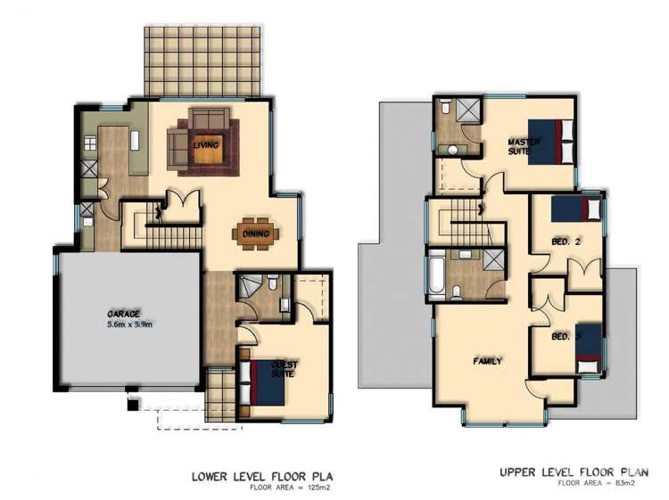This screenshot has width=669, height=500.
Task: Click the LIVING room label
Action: click(208, 142)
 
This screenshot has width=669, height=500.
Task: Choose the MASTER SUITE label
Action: click(520, 147)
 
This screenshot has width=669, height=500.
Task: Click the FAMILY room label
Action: click(488, 361)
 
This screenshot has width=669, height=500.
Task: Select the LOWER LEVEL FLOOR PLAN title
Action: click(268, 475)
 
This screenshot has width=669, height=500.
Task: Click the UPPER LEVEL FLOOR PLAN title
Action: click(574, 472)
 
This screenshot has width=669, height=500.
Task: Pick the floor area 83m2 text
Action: click(597, 484)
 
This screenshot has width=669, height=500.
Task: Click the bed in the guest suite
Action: click(267, 378)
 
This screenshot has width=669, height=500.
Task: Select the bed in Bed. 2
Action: click(576, 210)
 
